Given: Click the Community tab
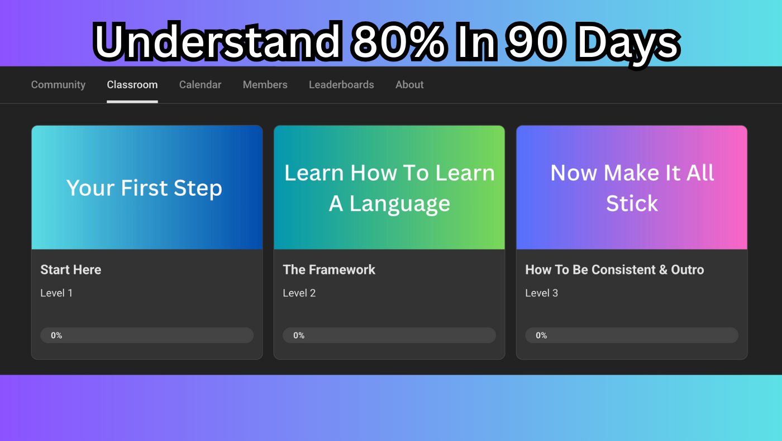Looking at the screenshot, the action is click(x=58, y=85).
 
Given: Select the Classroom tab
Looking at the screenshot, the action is click(x=132, y=84).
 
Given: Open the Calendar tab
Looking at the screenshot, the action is click(x=200, y=84).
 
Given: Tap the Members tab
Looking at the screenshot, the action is click(x=265, y=84).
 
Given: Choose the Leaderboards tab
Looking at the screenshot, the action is click(x=341, y=84).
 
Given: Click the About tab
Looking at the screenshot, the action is click(x=409, y=84).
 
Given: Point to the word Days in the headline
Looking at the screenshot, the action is click(x=628, y=44).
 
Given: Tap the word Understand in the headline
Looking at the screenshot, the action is click(x=218, y=41).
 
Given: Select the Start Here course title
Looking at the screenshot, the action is click(x=70, y=270).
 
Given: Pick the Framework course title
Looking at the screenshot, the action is click(x=329, y=270).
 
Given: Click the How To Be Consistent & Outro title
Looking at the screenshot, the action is click(x=614, y=270).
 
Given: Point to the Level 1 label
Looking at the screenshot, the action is click(x=56, y=293).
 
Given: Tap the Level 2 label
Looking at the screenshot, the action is click(x=299, y=293).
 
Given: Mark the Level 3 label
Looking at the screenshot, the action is click(x=541, y=293).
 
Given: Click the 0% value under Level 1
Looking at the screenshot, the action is click(x=56, y=335).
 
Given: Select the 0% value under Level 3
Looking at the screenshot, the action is click(x=541, y=335).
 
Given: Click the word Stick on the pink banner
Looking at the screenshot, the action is click(x=632, y=203).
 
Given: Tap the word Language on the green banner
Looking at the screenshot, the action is click(x=400, y=204).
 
